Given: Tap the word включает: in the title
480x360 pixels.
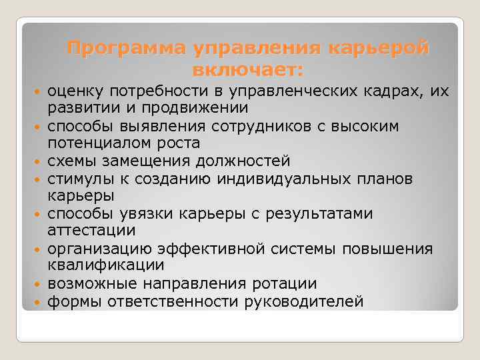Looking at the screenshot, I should tap(247, 69).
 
